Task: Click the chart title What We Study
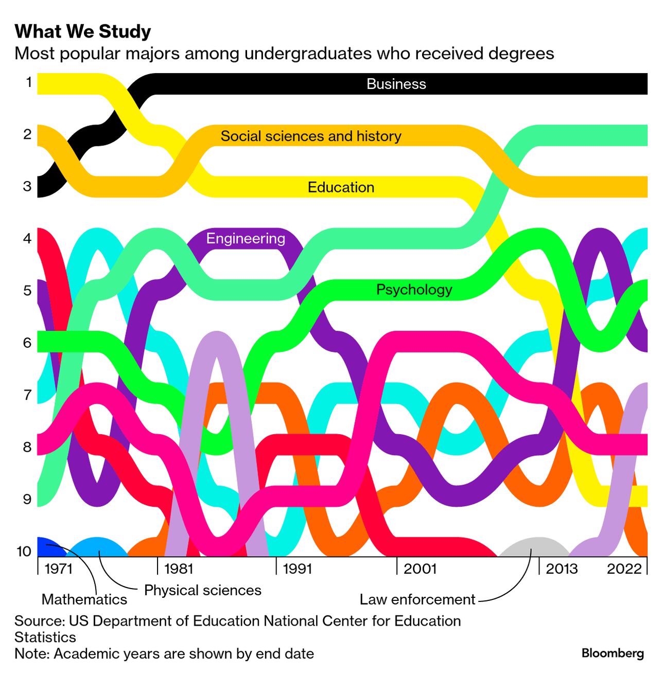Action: click(83, 31)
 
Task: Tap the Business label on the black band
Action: click(396, 84)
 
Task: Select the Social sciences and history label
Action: click(311, 136)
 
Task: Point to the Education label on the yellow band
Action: click(341, 187)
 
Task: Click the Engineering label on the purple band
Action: click(246, 238)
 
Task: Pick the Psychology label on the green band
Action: click(414, 290)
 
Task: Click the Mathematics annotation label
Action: click(84, 599)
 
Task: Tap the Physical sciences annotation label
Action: click(202, 590)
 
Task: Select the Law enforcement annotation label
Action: click(417, 599)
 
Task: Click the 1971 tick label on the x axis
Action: click(59, 569)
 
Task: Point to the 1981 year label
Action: click(178, 569)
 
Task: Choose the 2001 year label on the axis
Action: click(420, 569)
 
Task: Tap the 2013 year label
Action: click(562, 569)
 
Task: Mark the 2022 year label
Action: click(624, 569)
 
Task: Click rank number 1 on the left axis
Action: click(29, 82)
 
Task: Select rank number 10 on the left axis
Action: click(24, 551)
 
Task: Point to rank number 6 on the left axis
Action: click(27, 343)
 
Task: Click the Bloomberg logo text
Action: click(613, 653)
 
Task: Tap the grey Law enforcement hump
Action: click(537, 547)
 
